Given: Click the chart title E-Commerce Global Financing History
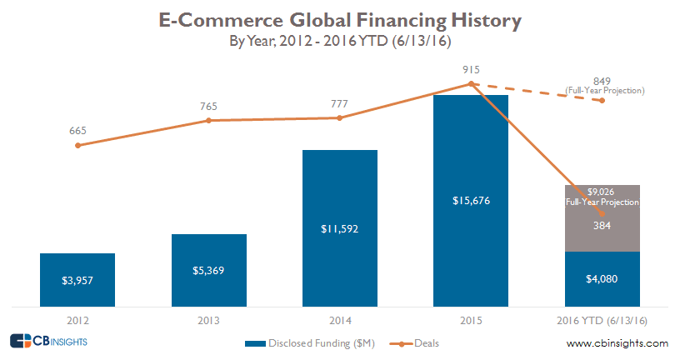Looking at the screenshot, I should pyautogui.click(x=339, y=19).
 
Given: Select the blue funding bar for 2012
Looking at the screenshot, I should pyautogui.click(x=77, y=279).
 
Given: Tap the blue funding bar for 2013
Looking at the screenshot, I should pyautogui.click(x=209, y=270).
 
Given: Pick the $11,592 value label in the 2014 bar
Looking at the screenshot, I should pyautogui.click(x=340, y=227).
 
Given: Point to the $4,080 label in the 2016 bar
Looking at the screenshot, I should pyautogui.click(x=602, y=279).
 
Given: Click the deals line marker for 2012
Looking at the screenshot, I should pyautogui.click(x=77, y=145).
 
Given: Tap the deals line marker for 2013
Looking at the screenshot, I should pyautogui.click(x=209, y=120).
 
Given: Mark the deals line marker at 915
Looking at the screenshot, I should pyautogui.click(x=471, y=83).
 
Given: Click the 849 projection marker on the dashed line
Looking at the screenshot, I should pyautogui.click(x=602, y=100).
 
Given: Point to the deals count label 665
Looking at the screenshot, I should pyautogui.click(x=77, y=130).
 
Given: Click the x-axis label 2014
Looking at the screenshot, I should pyautogui.click(x=340, y=319).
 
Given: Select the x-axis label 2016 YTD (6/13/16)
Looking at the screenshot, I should pyautogui.click(x=602, y=319).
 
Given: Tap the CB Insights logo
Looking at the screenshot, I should pyautogui.click(x=48, y=341).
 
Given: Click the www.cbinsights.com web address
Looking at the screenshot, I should pyautogui.click(x=617, y=343).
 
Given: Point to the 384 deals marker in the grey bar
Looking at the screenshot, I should pyautogui.click(x=602, y=213).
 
